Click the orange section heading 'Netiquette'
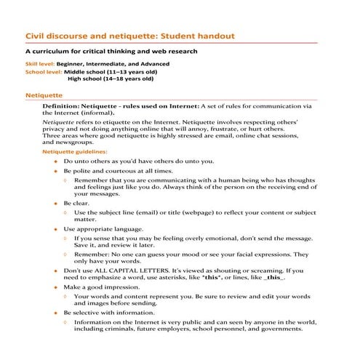click(44, 95)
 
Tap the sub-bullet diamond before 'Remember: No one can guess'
click(66, 255)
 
